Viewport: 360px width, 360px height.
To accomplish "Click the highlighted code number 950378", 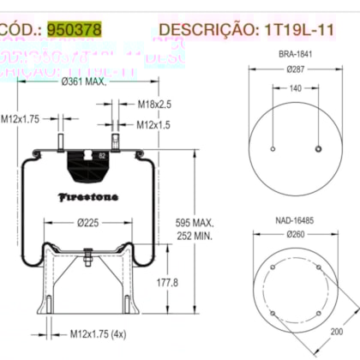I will coord(74,29).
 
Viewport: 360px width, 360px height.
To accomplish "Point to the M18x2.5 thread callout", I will coord(154,104).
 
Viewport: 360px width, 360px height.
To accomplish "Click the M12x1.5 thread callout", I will coord(154,125).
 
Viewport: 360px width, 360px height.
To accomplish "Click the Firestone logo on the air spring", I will coord(88,196).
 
